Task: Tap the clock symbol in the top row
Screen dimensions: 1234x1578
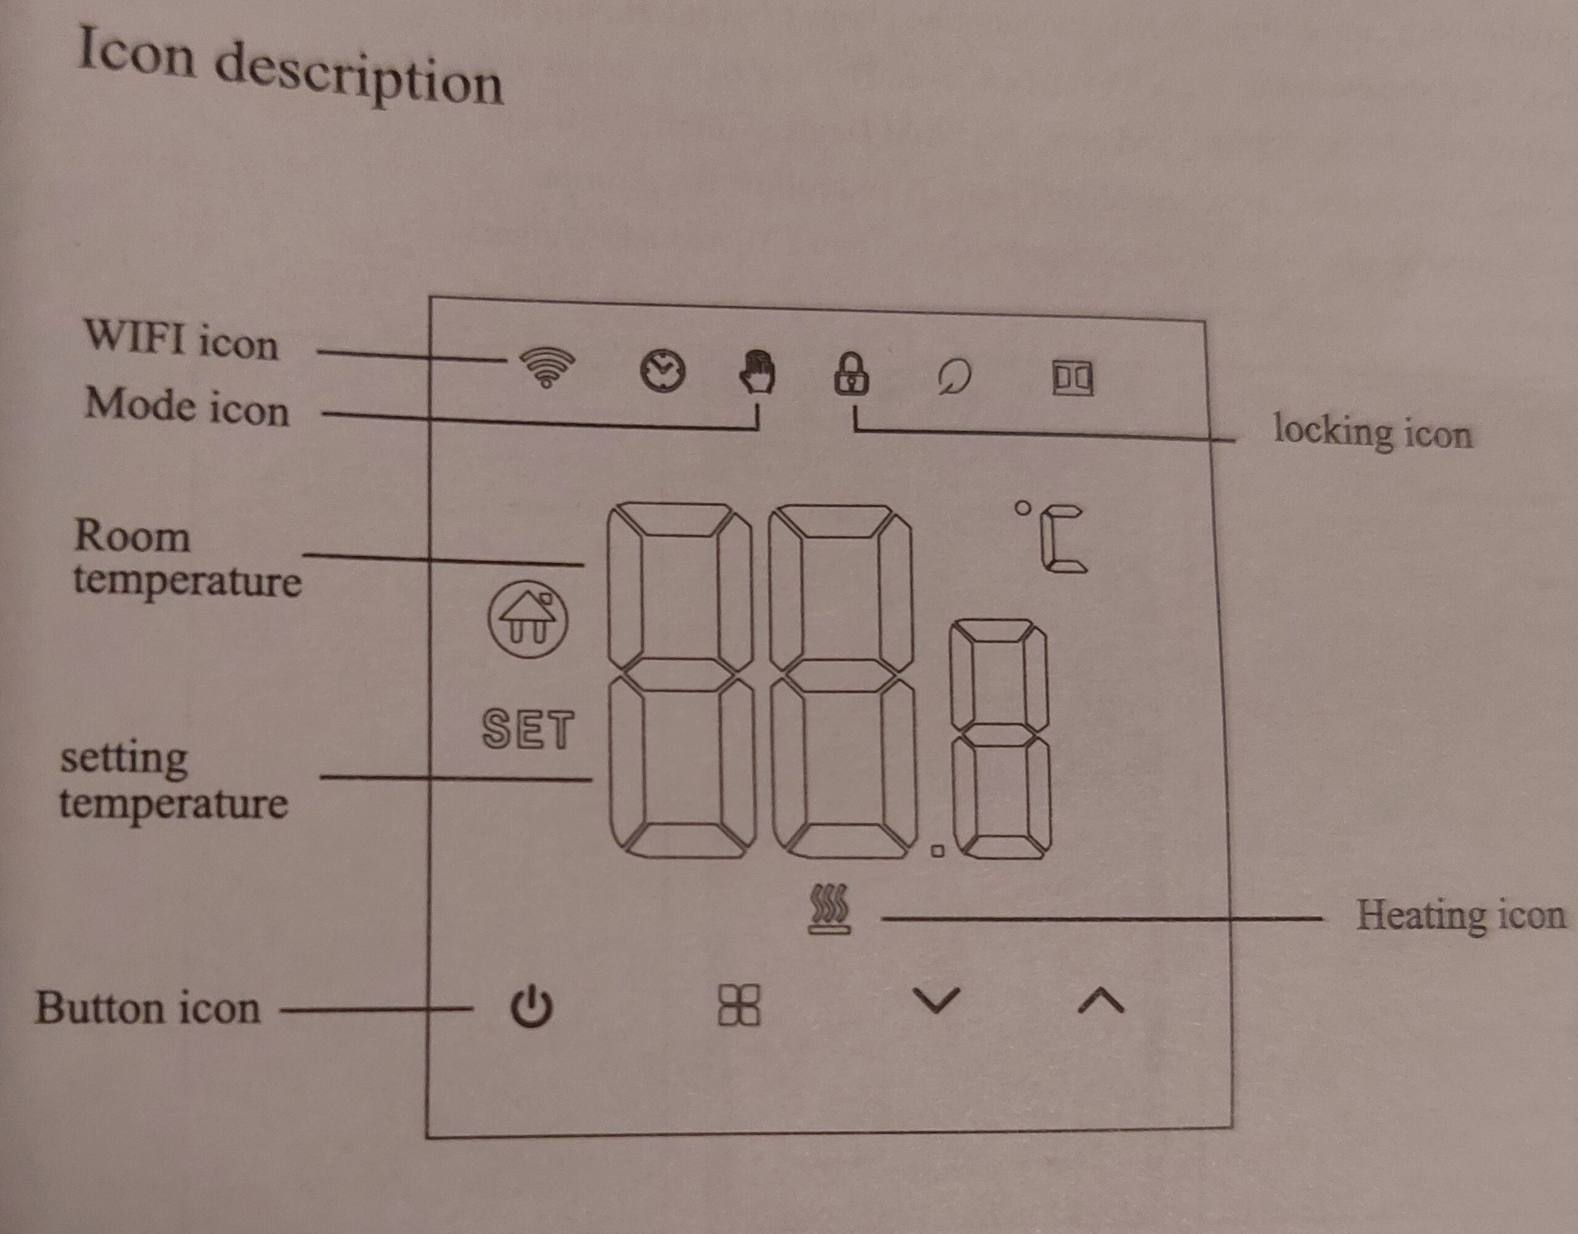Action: coord(663,372)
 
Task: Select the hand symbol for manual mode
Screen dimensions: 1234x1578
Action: coord(757,372)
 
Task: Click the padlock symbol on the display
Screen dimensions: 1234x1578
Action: coord(852,374)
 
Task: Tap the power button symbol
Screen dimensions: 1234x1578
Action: coord(532,1006)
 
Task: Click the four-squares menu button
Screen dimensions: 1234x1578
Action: coord(739,1004)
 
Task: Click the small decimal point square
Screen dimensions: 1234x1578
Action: coord(938,851)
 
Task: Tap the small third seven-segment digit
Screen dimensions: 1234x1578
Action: coord(1000,738)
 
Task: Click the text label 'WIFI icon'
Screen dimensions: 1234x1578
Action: coord(181,340)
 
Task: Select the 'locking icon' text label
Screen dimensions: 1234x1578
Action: coord(1372,432)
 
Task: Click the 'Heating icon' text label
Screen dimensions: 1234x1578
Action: coord(1460,915)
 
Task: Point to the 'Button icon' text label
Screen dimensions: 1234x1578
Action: coord(148,1008)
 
